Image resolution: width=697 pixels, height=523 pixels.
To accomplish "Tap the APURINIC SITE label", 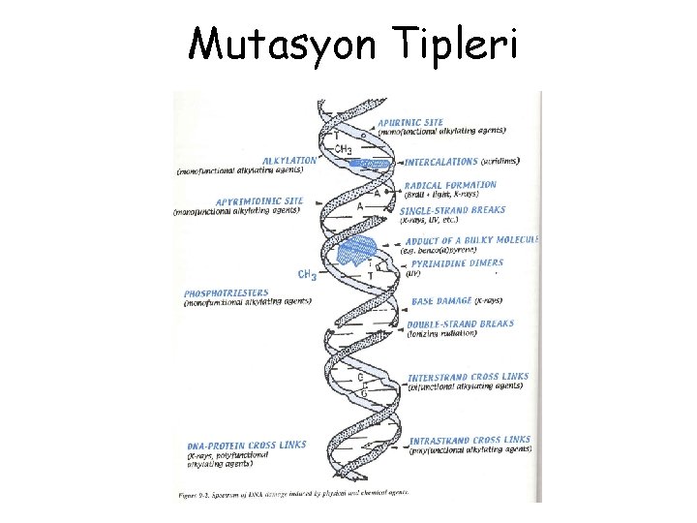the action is pyautogui.click(x=438, y=123).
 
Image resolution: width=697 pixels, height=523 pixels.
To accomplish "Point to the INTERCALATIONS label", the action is pyautogui.click(x=442, y=162).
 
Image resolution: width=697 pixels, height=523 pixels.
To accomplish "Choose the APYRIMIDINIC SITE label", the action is pyautogui.click(x=258, y=201).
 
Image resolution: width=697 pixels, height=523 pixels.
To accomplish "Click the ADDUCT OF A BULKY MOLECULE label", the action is pyautogui.click(x=473, y=239).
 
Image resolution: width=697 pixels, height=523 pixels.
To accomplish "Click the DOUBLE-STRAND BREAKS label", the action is pyautogui.click(x=461, y=324).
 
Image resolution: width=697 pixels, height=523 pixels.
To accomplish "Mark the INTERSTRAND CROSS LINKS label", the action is pyautogui.click(x=466, y=377).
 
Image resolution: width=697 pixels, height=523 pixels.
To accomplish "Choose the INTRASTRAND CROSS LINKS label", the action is pyautogui.click(x=470, y=440).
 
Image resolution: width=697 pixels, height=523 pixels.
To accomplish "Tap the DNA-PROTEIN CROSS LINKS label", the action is pyautogui.click(x=246, y=446).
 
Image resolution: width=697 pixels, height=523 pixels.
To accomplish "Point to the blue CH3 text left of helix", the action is pyautogui.click(x=307, y=275).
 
